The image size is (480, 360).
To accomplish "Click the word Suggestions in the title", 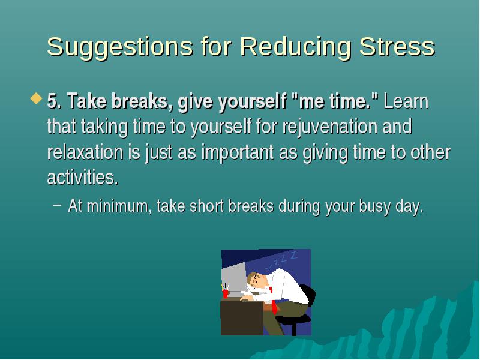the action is (x=120, y=47).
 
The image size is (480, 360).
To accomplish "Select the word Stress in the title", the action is (x=397, y=46).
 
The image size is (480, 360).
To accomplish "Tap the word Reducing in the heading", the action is (x=295, y=47).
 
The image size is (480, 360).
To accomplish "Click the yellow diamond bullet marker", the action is (x=36, y=99).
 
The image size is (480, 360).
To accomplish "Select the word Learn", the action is (x=406, y=101).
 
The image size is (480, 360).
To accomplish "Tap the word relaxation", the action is (x=85, y=152).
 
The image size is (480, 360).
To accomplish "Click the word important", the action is (x=238, y=152).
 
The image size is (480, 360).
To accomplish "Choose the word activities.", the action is (x=82, y=177).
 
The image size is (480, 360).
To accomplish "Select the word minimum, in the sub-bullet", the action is (x=119, y=205).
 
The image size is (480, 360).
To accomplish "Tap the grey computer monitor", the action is (x=234, y=278).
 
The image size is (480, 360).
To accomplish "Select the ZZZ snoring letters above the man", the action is (x=281, y=261).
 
